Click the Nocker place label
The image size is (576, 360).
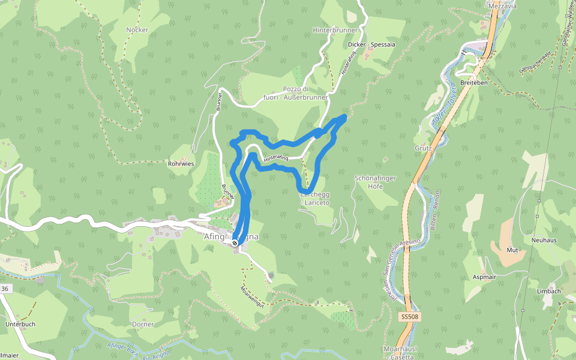137,29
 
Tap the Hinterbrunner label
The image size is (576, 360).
335,29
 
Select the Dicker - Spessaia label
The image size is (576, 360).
371,44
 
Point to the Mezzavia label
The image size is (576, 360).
502,6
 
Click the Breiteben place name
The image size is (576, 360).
473,82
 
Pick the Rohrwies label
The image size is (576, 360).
181,163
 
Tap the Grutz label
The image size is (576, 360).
423,148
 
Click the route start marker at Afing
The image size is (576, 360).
235,242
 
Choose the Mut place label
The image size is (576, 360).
512,250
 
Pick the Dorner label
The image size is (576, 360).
143,324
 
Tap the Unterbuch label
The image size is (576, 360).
20,324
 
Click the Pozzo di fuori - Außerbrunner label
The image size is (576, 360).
296,93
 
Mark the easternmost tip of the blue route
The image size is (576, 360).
346,116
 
